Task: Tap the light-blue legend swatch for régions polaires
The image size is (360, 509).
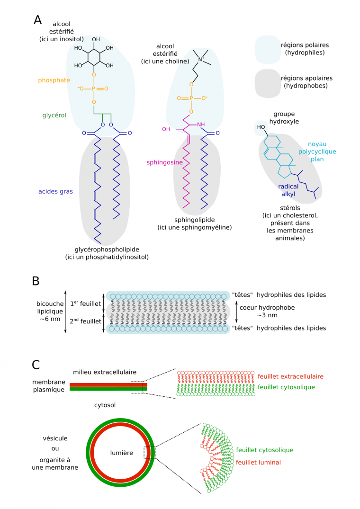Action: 269,49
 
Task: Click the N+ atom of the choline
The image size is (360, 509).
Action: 200,60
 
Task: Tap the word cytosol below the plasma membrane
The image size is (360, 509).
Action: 105,405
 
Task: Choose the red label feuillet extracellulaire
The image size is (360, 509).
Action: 291,377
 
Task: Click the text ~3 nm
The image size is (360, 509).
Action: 263,315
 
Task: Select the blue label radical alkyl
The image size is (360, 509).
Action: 288,190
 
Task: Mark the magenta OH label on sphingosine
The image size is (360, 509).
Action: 166,129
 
